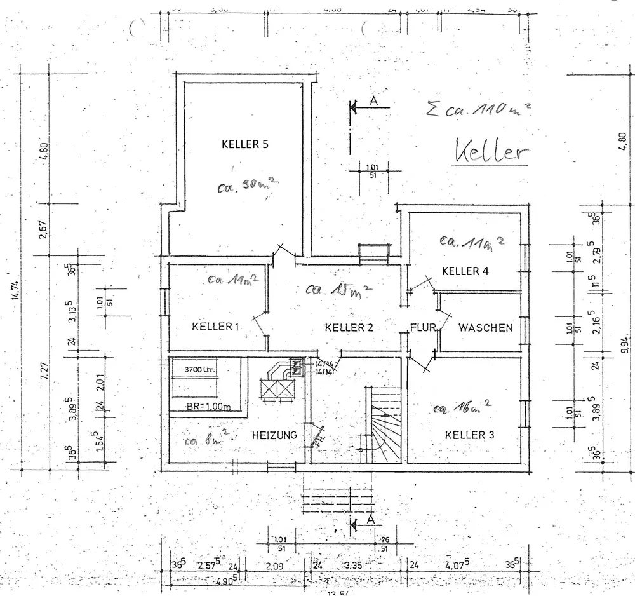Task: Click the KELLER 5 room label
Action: [245, 144]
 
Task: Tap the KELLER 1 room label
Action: [215, 327]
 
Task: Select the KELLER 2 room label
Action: [348, 328]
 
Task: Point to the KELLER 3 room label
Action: [469, 435]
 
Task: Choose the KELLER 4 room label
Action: [465, 271]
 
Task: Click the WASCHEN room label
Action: [485, 328]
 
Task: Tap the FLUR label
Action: [422, 328]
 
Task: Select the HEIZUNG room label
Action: [275, 435]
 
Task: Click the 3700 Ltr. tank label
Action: [198, 369]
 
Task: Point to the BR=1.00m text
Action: [208, 407]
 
